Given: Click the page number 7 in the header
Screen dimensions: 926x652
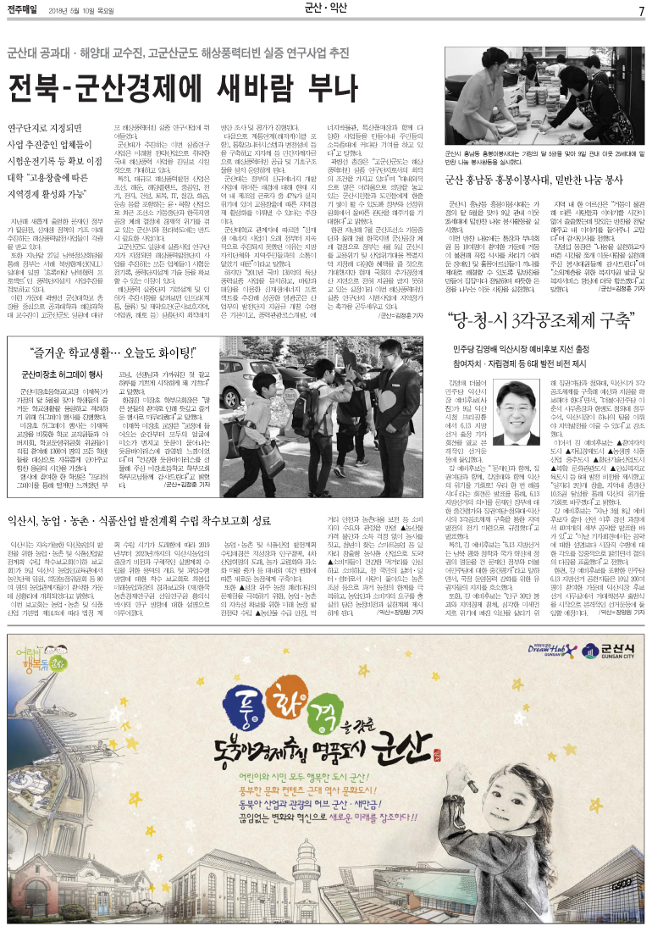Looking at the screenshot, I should pos(641,10).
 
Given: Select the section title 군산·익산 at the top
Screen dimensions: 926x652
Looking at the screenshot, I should pos(326,9).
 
